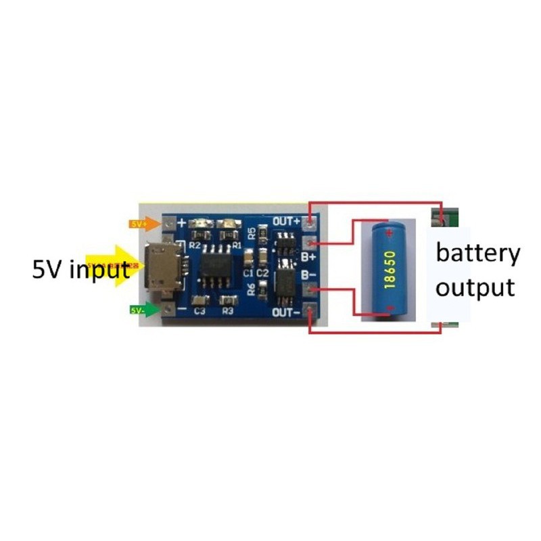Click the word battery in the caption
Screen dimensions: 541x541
pyautogui.click(x=478, y=254)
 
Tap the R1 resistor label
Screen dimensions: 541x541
pyautogui.click(x=237, y=244)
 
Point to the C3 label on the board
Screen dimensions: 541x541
pyautogui.click(x=199, y=312)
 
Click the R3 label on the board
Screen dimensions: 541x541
pyautogui.click(x=227, y=312)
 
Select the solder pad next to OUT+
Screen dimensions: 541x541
pyautogui.click(x=310, y=221)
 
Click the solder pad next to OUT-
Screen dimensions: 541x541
pyautogui.click(x=310, y=312)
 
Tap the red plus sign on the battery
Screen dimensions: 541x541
pyautogui.click(x=389, y=233)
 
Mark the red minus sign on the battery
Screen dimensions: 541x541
pyautogui.click(x=389, y=309)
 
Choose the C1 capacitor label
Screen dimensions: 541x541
pyautogui.click(x=248, y=273)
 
